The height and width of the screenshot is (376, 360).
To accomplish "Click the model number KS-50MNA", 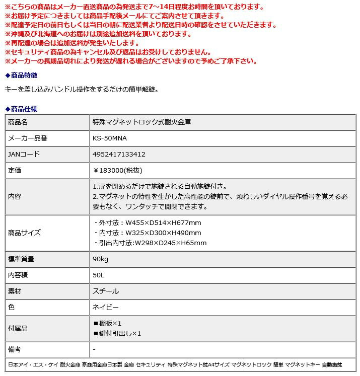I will [110, 138].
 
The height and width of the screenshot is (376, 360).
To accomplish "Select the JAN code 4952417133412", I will [119, 155].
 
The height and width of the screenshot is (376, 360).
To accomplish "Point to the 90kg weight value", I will [101, 259].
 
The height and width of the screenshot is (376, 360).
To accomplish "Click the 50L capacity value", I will [99, 275].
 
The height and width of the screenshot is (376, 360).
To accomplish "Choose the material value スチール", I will [106, 291].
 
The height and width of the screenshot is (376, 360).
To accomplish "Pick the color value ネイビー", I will [105, 307].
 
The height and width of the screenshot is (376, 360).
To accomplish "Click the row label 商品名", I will [18, 122].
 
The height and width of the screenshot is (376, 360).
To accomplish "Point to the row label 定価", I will [15, 171].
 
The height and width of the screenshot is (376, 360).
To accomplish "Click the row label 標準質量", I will [22, 259].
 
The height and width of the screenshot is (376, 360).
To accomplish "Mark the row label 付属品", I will [18, 328].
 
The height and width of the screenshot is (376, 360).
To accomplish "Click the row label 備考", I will [15, 349].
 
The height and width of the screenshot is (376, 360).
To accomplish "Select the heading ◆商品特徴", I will [21, 75].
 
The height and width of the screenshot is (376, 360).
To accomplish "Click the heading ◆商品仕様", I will [21, 109].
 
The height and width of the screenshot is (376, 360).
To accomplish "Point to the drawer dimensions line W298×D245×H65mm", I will [150, 243].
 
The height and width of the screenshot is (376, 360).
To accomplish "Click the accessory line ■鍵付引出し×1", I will [117, 333].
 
